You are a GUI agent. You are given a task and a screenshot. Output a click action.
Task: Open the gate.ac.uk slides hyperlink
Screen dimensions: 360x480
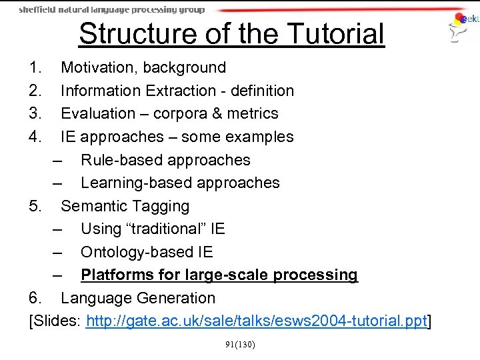coord(256,321)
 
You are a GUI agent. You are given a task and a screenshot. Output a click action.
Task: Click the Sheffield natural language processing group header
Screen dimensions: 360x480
coord(112,10)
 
